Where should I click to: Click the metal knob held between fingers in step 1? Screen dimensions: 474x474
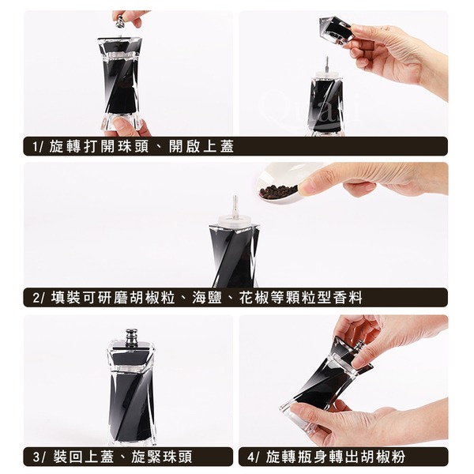point(120,21)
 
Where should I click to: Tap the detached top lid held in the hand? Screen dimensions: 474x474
point(337,30)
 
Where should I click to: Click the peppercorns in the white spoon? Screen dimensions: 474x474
point(278,192)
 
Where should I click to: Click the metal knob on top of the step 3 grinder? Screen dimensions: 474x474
point(131,337)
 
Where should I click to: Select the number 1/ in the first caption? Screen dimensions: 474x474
point(38,147)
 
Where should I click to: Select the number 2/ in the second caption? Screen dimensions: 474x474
point(39,298)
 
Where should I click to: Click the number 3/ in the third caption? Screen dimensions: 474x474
point(39,457)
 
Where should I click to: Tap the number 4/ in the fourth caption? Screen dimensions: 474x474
point(254,457)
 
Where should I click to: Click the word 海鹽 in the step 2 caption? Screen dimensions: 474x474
point(207,298)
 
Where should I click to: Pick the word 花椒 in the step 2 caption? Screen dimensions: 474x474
point(254,298)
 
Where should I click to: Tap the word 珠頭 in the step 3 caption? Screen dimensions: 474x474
point(176,457)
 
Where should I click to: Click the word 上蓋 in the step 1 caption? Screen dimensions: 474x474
point(219,146)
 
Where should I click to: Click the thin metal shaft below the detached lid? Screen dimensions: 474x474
point(326,64)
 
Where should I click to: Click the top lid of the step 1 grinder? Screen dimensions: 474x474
point(120,46)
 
